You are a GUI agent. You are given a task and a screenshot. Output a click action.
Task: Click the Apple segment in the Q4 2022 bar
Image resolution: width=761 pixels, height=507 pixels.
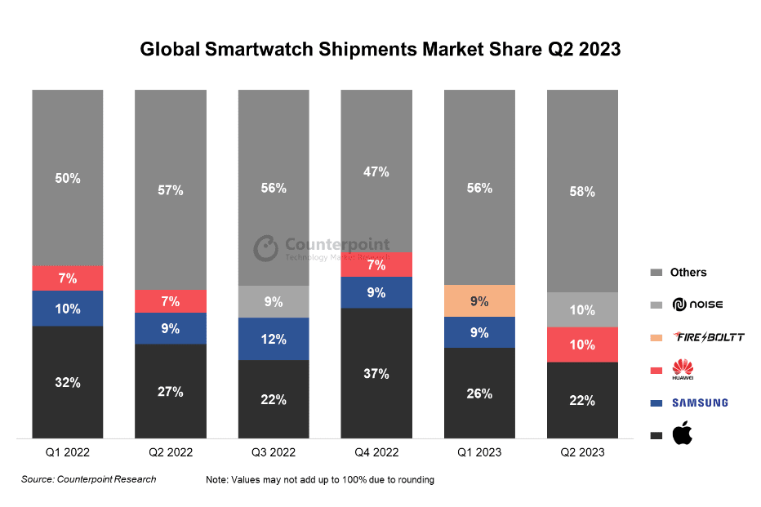(x=376, y=373)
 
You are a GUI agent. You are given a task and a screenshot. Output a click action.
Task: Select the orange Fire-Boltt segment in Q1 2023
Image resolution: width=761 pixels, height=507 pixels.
(x=479, y=300)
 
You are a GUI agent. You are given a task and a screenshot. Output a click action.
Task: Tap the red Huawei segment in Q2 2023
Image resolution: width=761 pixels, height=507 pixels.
(x=582, y=345)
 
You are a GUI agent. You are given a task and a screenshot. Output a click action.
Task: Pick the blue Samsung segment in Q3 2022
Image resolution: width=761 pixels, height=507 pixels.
(x=274, y=339)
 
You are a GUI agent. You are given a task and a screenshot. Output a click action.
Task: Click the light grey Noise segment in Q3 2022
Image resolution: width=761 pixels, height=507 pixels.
(x=274, y=301)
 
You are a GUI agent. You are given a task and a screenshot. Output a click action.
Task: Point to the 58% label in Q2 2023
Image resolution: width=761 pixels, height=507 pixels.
(x=582, y=192)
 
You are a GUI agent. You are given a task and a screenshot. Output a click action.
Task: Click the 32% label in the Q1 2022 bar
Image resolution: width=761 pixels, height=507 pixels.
(x=68, y=382)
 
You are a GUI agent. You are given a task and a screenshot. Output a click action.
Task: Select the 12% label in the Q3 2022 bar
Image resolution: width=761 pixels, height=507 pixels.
(x=274, y=340)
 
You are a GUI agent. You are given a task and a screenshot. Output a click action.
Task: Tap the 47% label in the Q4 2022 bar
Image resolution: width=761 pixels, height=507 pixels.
(x=376, y=171)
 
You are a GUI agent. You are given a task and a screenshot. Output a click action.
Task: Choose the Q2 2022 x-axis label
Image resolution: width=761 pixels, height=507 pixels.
(x=171, y=452)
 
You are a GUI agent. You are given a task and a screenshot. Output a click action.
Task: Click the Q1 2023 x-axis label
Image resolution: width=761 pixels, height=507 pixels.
(x=479, y=452)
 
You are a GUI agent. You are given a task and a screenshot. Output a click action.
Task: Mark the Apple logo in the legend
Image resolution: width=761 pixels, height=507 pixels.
(x=682, y=435)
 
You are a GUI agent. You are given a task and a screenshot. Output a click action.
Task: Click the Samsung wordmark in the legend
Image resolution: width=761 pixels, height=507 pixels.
(x=700, y=402)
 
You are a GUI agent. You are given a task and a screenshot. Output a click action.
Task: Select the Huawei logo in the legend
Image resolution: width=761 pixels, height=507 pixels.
(x=682, y=370)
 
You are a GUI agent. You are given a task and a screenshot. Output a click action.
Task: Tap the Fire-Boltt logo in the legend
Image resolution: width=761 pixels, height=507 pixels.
(x=708, y=337)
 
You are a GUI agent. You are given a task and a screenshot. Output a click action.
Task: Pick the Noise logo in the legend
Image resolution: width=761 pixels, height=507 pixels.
(x=697, y=305)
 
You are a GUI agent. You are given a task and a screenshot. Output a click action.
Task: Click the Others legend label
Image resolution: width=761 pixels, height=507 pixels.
(x=688, y=272)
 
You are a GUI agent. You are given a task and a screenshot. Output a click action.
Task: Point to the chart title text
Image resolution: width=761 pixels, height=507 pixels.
(x=380, y=49)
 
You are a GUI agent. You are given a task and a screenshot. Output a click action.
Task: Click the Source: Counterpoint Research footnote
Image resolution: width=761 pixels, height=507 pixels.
(x=88, y=479)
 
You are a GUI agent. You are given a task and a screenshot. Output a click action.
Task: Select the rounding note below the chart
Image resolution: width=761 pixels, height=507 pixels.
(x=320, y=480)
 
